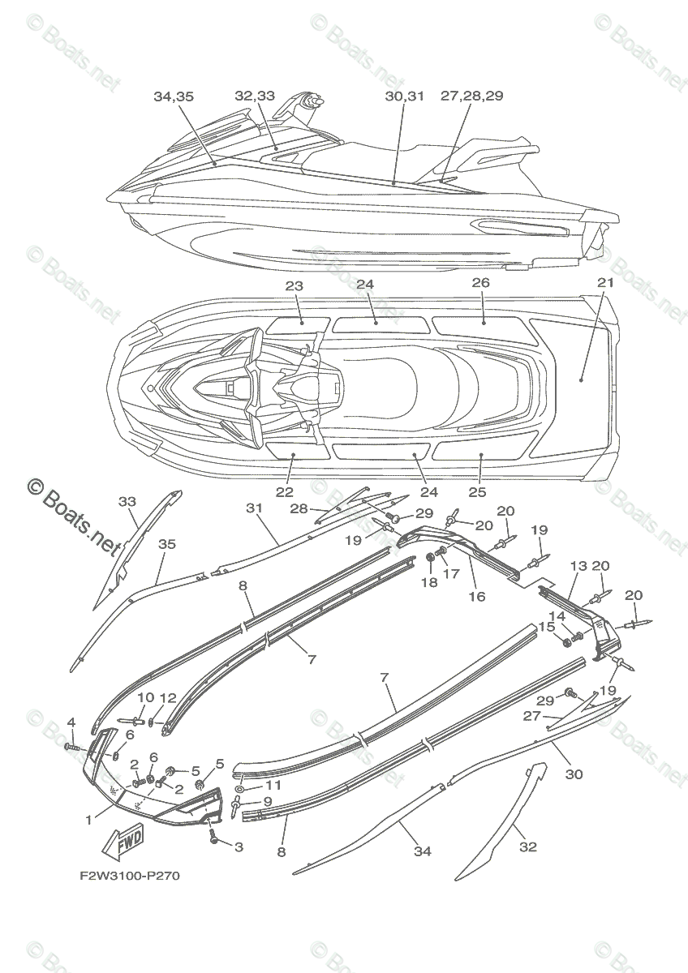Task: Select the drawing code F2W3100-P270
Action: pyautogui.click(x=129, y=876)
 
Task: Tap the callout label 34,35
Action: pyautogui.click(x=173, y=96)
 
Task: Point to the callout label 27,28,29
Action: pyautogui.click(x=472, y=96)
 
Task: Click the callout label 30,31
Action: pyautogui.click(x=404, y=96)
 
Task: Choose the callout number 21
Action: pyautogui.click(x=605, y=283)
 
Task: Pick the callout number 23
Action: pyautogui.click(x=295, y=285)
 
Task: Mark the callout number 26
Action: pyautogui.click(x=481, y=283)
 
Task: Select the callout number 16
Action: pyautogui.click(x=477, y=597)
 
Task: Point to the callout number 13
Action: pyautogui.click(x=578, y=566)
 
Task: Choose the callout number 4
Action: pyautogui.click(x=71, y=722)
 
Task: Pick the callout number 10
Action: pyautogui.click(x=145, y=697)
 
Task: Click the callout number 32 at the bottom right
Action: pyautogui.click(x=528, y=847)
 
